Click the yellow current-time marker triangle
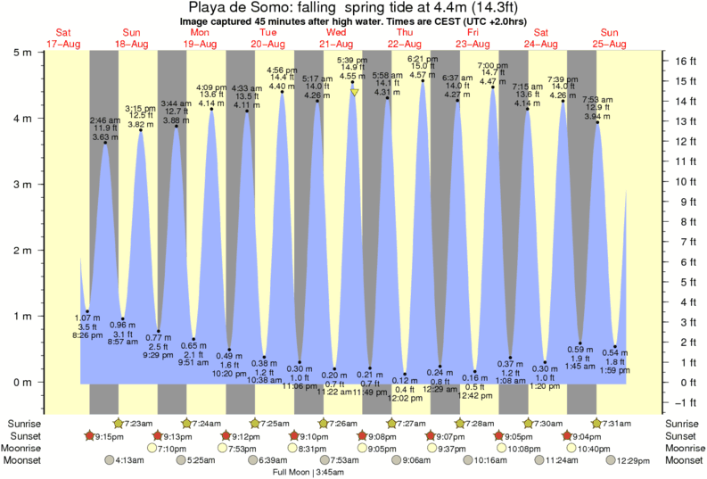click(x=355, y=91)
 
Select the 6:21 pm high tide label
click(x=422, y=59)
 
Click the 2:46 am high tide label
click(x=104, y=120)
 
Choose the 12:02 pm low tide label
click(x=404, y=399)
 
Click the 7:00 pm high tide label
click(x=492, y=65)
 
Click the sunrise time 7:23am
click(x=136, y=422)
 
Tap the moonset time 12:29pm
click(x=629, y=460)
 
